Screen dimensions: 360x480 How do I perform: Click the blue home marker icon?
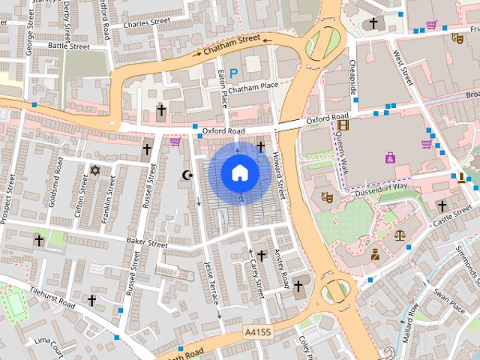(239, 172)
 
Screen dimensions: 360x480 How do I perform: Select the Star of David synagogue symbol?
(94, 171)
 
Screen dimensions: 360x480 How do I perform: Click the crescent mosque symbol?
(187, 175)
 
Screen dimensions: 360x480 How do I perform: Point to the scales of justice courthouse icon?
(398, 235)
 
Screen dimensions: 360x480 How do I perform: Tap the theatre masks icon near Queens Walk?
(326, 197)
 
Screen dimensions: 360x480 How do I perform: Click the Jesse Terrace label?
(211, 281)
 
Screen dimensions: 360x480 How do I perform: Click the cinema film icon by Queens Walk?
(343, 125)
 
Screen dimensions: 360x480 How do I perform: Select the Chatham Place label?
(253, 88)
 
